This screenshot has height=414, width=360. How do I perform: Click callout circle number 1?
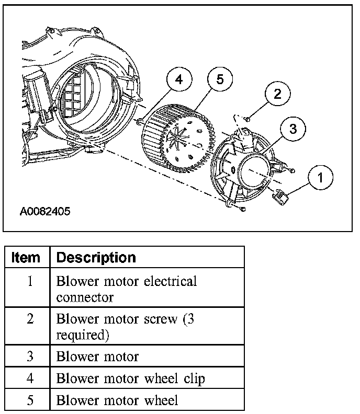click(x=320, y=177)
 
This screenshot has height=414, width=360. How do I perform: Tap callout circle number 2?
click(x=277, y=94)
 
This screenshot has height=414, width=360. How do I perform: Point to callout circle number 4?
click(x=179, y=80)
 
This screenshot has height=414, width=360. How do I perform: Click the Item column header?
click(x=26, y=258)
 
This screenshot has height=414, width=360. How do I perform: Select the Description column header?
click(x=96, y=258)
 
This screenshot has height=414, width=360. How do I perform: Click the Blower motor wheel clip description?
click(x=130, y=379)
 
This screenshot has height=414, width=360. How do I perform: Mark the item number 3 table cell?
click(x=30, y=356)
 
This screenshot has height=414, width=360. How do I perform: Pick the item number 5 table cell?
click(x=30, y=400)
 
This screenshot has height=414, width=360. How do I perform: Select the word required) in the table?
click(x=82, y=335)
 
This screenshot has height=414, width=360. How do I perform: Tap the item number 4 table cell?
click(x=30, y=379)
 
